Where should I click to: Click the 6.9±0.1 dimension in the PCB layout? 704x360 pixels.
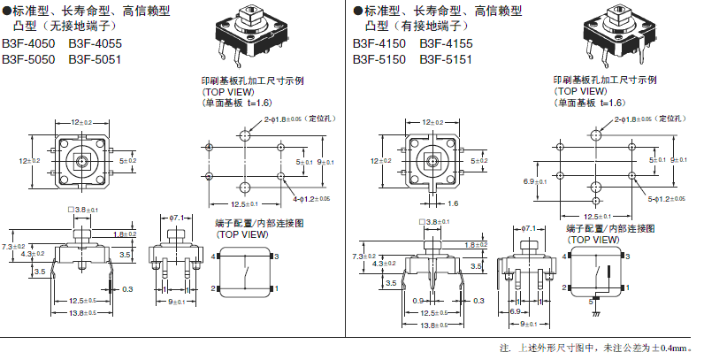coord(532,180)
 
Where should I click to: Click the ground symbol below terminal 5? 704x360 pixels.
coord(593,313)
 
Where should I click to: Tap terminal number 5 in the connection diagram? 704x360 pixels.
coord(592,302)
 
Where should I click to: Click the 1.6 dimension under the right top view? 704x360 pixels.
coord(453,203)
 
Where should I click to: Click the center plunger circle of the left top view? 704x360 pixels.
coord(81,161)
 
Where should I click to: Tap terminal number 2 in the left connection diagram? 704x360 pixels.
coord(213,288)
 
